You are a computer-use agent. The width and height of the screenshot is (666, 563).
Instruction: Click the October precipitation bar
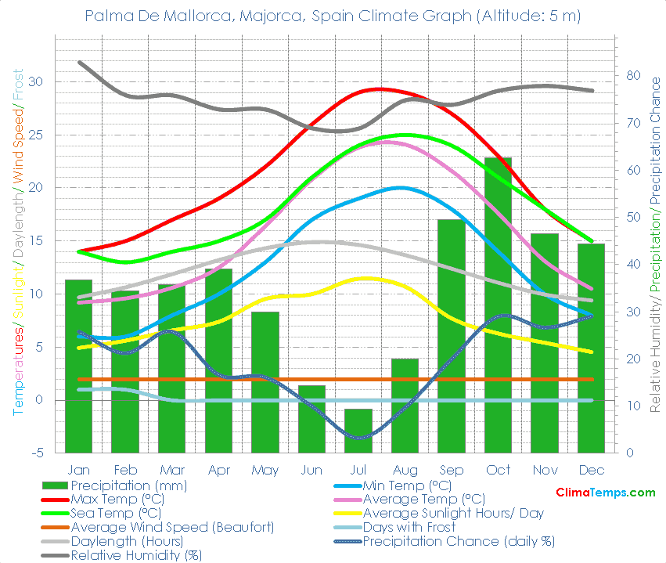(498, 305)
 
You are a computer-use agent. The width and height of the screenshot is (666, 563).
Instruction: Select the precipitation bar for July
(358, 431)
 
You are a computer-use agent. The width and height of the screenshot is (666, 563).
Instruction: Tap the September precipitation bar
(452, 336)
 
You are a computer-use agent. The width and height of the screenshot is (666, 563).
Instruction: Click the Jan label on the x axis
(78, 470)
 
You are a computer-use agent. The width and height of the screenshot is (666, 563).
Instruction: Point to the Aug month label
(405, 470)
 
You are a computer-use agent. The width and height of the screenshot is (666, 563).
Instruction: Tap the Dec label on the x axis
(591, 470)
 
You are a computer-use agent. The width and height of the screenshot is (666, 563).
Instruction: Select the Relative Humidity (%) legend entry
(136, 555)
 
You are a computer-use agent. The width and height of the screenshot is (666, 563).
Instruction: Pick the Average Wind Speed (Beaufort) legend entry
(172, 527)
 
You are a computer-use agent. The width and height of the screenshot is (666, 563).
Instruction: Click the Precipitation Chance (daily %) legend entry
(459, 541)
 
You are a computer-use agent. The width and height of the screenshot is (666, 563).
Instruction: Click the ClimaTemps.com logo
(606, 493)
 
